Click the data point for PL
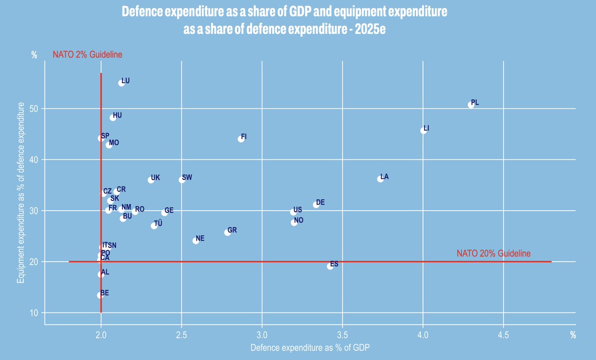(471, 105)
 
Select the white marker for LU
(122, 83)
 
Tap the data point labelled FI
(241, 139)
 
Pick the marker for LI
(423, 131)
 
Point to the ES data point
(330, 267)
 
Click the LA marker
(380, 179)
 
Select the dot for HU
(113, 118)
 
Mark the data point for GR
(227, 232)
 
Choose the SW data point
(182, 180)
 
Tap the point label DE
(320, 202)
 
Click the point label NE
(200, 239)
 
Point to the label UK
(155, 177)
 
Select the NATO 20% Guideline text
(494, 253)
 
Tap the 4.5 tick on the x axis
(503, 335)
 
